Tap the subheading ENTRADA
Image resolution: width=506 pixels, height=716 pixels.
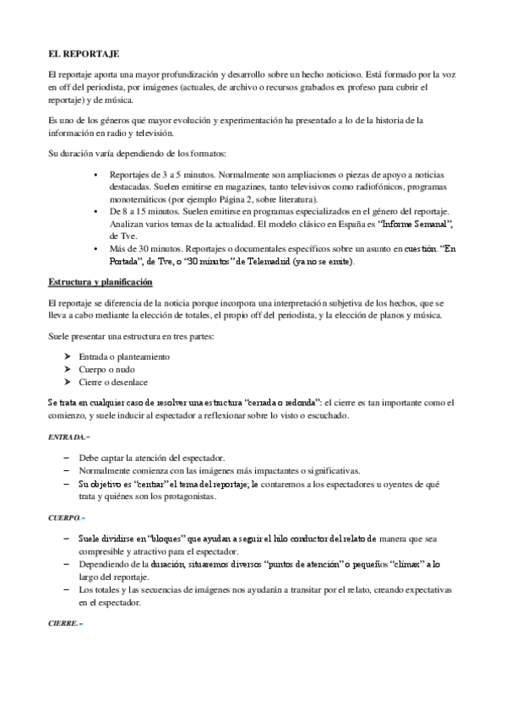coord(68,437)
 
